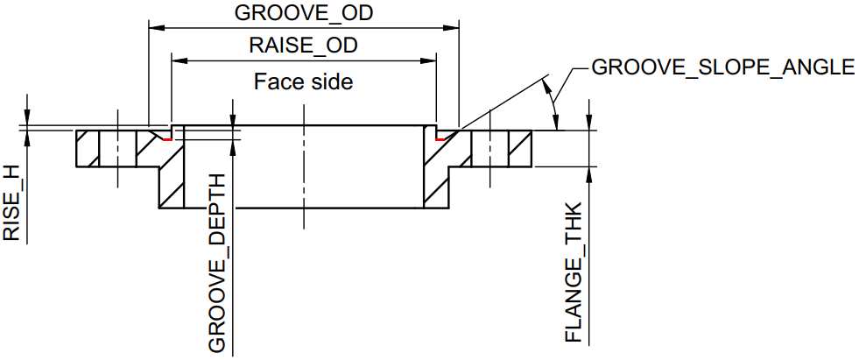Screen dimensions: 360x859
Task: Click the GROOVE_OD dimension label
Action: (303, 14)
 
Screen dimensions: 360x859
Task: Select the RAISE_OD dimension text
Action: (303, 46)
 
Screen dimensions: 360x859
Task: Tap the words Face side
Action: (303, 81)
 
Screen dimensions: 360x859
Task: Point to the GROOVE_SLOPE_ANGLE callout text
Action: (722, 67)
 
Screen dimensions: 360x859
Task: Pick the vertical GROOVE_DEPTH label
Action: (217, 263)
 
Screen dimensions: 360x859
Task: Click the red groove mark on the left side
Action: (166, 137)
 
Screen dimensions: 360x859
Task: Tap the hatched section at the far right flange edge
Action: (520, 150)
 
